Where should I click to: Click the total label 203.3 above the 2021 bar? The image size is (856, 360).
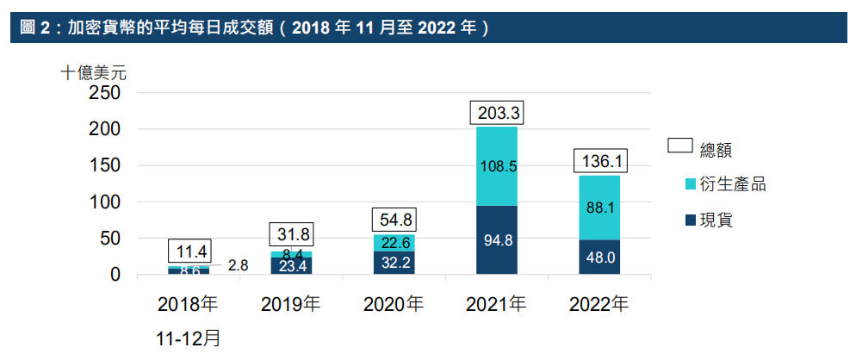[x=496, y=113]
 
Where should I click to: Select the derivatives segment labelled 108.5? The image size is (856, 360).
[x=496, y=166]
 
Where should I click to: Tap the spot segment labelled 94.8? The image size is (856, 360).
[x=496, y=240]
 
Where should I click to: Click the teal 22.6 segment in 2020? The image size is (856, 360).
[x=394, y=243]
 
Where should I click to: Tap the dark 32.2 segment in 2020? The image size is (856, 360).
[x=394, y=263]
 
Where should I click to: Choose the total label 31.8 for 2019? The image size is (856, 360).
[x=291, y=235]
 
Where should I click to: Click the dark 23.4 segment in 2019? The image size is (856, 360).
[x=291, y=266]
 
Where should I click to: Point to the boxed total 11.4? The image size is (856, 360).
[x=188, y=251]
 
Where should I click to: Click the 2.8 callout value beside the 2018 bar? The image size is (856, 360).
[x=239, y=265]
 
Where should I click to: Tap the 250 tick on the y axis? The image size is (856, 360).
[x=104, y=93]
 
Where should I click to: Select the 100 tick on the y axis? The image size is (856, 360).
[x=104, y=202]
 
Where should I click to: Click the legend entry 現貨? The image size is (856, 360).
[x=714, y=220]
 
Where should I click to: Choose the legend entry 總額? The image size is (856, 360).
[x=714, y=149]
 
